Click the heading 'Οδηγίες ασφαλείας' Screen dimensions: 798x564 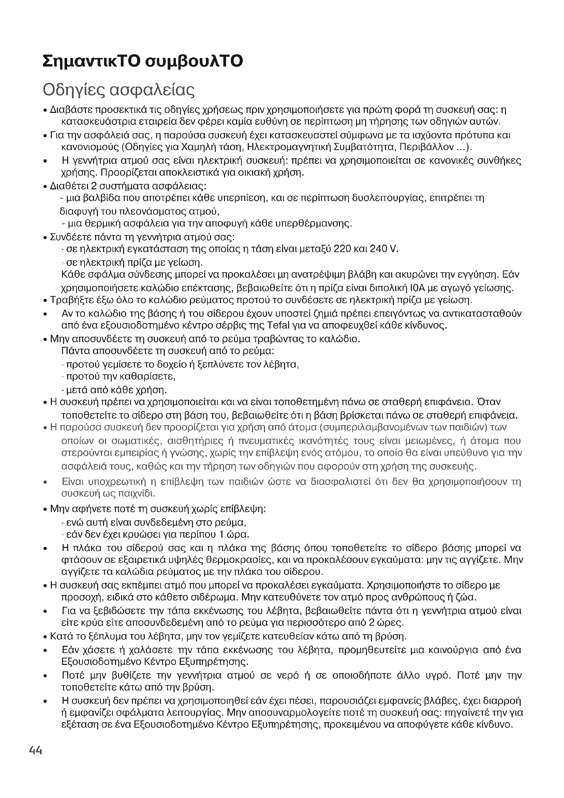coord(118,90)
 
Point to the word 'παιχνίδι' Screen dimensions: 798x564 coord(133,494)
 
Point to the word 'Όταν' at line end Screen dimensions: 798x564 coord(489,402)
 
